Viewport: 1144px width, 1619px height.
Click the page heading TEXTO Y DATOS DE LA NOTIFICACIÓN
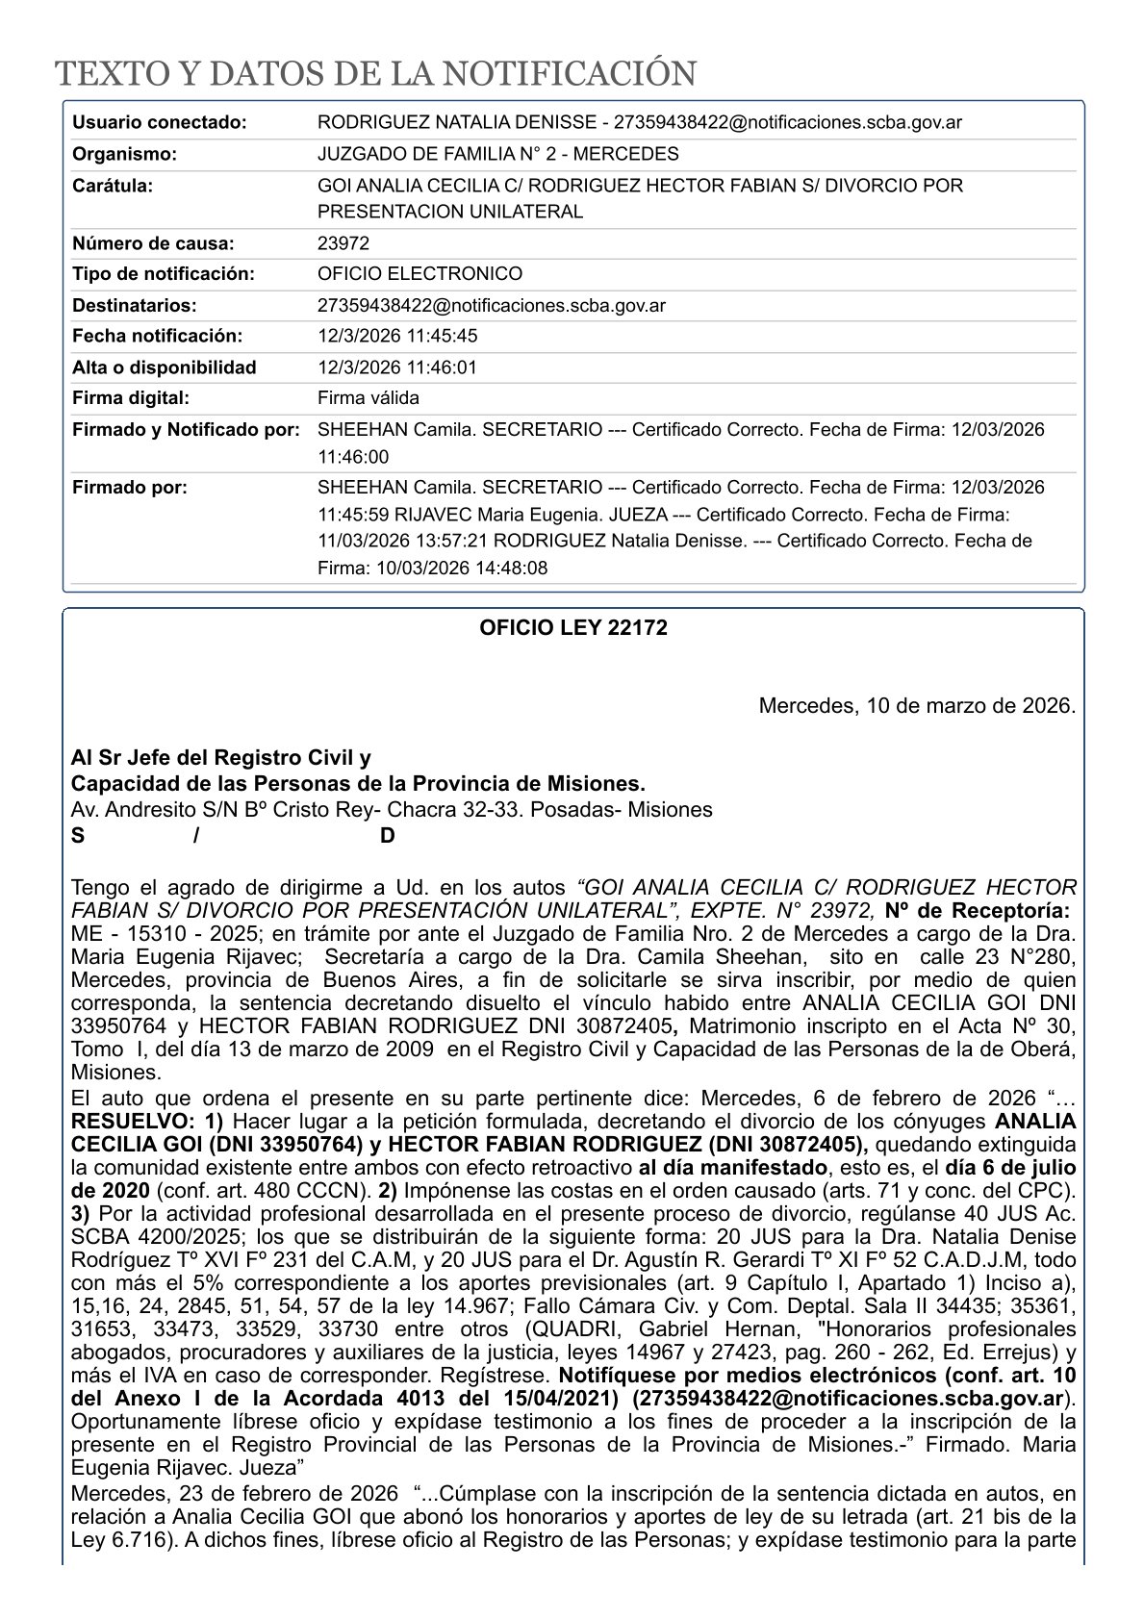click(x=374, y=74)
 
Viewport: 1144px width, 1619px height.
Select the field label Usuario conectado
click(x=160, y=123)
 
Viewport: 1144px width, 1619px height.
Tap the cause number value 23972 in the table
click(x=343, y=243)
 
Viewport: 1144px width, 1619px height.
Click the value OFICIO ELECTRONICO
click(x=419, y=274)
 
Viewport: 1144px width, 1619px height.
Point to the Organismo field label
click(x=125, y=154)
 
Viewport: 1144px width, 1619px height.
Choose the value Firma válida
click(x=369, y=398)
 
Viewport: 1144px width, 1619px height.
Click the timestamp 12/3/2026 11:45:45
click(x=397, y=336)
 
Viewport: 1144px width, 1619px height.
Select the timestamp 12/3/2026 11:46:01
click(x=397, y=367)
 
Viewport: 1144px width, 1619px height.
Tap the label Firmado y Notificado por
click(x=187, y=430)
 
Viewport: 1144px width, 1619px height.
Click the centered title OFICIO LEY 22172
click(x=573, y=628)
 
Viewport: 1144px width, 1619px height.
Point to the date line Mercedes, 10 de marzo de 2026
click(x=917, y=706)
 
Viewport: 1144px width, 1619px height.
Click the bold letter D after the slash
click(x=387, y=836)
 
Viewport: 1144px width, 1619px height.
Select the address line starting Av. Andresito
click(x=392, y=810)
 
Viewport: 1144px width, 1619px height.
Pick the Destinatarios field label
click(x=135, y=306)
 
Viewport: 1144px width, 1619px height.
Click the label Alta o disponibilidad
click(x=165, y=367)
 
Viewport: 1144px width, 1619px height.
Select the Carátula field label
click(x=113, y=186)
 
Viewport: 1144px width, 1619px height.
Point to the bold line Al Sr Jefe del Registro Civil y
click(x=221, y=757)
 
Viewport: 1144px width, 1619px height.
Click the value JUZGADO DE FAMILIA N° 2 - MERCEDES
click(x=497, y=154)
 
